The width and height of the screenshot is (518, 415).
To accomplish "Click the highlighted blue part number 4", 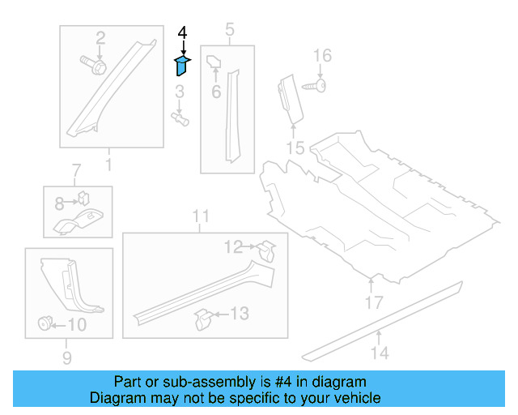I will [x=182, y=65].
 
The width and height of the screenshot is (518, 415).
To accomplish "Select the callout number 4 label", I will [x=182, y=33].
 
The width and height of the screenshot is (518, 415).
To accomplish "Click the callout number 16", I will [x=322, y=55].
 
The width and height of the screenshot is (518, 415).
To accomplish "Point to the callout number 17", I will [x=372, y=303].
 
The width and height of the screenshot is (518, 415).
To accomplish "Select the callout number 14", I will [x=380, y=352].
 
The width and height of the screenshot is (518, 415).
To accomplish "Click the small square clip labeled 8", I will [x=83, y=197].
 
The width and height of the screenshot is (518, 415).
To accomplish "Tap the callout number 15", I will [x=295, y=147].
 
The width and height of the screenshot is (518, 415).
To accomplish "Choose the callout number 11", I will [x=201, y=216].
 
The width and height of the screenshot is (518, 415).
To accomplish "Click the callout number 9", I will [x=67, y=357].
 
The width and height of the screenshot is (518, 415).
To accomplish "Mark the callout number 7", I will [x=76, y=171].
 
